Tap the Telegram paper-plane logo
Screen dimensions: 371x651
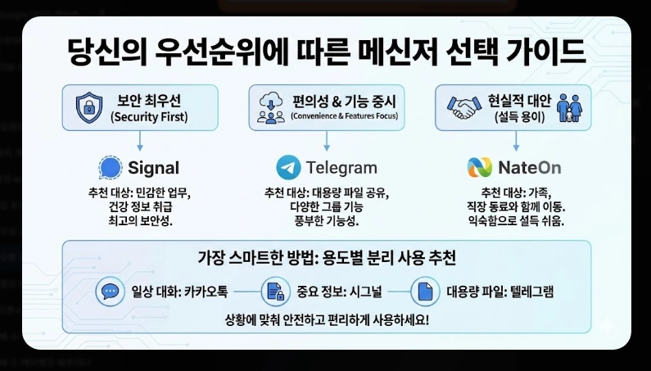click(x=288, y=168)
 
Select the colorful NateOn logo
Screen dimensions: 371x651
click(x=480, y=168)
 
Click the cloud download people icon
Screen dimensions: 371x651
click(x=269, y=108)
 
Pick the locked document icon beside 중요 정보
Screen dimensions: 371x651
click(x=273, y=292)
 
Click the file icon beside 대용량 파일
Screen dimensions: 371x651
click(x=425, y=292)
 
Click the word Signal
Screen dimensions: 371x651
click(x=153, y=169)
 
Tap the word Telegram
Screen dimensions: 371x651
click(x=341, y=169)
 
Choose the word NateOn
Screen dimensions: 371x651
click(x=529, y=169)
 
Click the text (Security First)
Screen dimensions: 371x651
click(x=149, y=117)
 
